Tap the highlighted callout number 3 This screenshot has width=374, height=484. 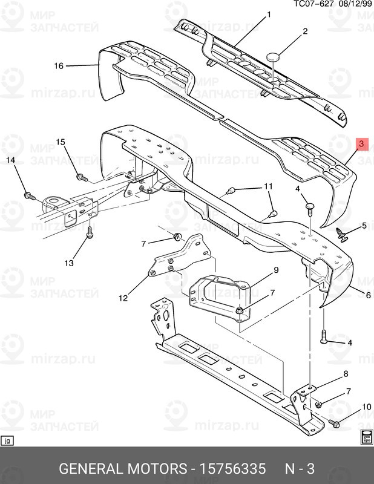click(x=361, y=144)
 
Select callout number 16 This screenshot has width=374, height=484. click(x=59, y=65)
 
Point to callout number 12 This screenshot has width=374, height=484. click(x=123, y=298)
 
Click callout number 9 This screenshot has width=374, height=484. click(x=275, y=270)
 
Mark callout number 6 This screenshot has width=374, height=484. click(x=368, y=295)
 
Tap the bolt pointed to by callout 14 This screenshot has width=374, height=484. click(x=28, y=195)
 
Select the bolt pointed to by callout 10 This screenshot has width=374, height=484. click(x=335, y=423)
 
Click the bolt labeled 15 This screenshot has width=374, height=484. click(x=80, y=177)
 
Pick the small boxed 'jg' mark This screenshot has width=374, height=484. click(x=7, y=440)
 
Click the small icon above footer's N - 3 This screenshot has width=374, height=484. click(x=366, y=439)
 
